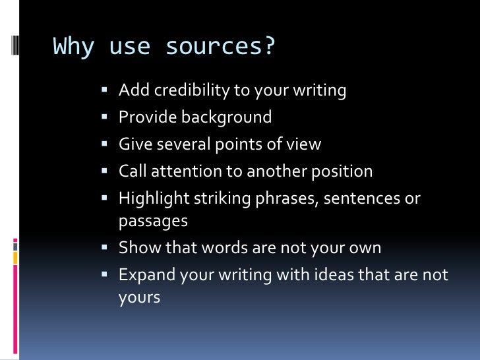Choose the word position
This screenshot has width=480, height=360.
[339, 171]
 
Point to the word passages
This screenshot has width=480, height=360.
[153, 221]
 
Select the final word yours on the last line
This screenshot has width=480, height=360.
[139, 297]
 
